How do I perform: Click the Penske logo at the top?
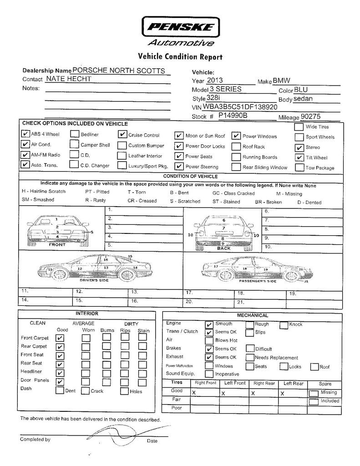(x=181, y=27)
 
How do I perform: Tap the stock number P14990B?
(x=233, y=116)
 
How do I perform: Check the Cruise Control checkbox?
(x=122, y=135)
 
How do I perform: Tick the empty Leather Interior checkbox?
(x=122, y=155)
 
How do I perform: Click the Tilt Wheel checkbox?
(x=299, y=157)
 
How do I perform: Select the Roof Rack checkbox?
(x=236, y=147)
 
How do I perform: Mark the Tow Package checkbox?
(x=299, y=167)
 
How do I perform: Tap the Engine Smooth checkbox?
(x=209, y=324)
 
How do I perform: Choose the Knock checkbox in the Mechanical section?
(x=284, y=324)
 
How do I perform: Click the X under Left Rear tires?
(x=283, y=393)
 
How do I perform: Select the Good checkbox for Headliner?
(x=60, y=372)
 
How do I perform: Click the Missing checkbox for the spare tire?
(x=314, y=393)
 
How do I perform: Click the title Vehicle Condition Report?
(x=180, y=57)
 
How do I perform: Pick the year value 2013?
(x=215, y=81)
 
